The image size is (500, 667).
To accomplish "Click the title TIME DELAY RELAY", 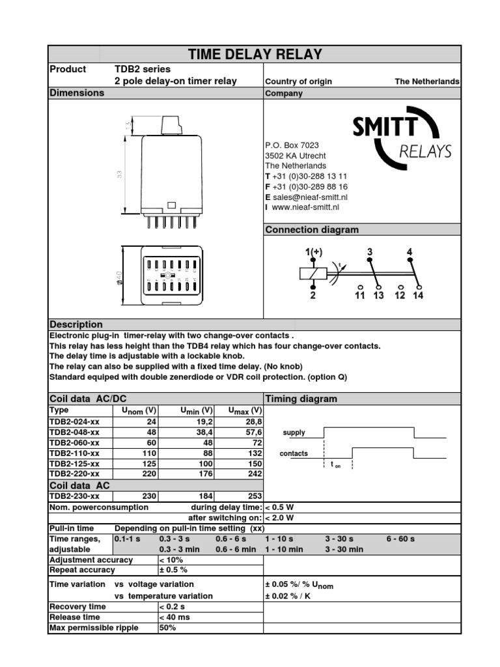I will [x=255, y=54].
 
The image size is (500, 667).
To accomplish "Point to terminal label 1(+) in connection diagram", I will [x=314, y=251].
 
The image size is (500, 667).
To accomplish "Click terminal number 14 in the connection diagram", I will [x=418, y=295].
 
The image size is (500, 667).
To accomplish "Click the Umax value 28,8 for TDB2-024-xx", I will [x=253, y=421].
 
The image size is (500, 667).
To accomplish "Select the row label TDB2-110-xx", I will [x=75, y=453].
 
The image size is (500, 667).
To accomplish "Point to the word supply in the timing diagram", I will [x=294, y=433].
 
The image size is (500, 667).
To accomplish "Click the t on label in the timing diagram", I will [x=335, y=464].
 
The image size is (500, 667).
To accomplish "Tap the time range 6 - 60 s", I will [x=400, y=539].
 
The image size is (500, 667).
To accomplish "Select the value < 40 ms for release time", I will [x=175, y=617].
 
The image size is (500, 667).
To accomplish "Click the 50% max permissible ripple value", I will [x=167, y=628].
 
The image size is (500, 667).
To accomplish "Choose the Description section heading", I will [x=76, y=324].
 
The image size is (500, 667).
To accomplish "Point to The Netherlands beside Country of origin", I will [x=426, y=81].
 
